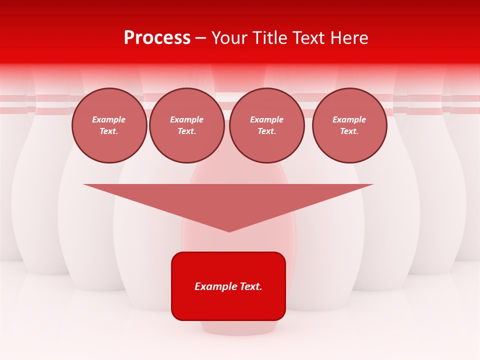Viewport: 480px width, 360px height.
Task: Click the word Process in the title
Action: point(157,38)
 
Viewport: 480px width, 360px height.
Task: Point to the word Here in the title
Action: point(349,38)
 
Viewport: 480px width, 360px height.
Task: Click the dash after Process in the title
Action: point(200,38)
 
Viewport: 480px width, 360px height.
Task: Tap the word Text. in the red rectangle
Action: point(250,286)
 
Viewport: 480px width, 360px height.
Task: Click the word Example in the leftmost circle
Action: point(109,119)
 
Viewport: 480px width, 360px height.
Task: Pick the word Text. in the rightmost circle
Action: point(349,131)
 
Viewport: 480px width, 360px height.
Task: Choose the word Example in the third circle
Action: point(266,119)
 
